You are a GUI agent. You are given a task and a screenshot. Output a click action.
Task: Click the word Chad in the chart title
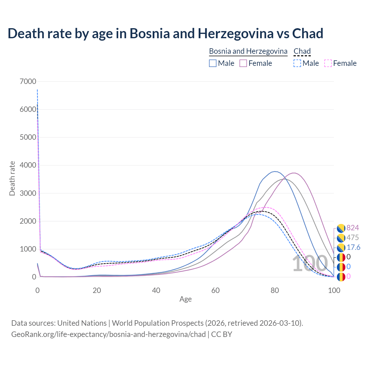tap(308, 33)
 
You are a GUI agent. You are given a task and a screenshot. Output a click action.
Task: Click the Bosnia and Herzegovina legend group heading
tap(248, 51)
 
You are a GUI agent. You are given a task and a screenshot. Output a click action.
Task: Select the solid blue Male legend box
tap(213, 63)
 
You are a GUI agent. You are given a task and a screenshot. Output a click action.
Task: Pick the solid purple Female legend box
tap(243, 63)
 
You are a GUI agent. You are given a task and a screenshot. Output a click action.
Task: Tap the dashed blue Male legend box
tap(297, 63)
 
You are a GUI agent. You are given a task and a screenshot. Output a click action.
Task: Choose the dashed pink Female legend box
tap(328, 63)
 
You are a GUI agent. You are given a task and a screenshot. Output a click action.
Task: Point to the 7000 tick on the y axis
tap(28, 81)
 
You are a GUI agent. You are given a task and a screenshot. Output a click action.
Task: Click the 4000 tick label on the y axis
tap(28, 165)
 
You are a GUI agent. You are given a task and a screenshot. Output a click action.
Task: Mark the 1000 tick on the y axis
tap(28, 249)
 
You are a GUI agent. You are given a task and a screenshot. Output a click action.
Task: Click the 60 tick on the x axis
tap(215, 290)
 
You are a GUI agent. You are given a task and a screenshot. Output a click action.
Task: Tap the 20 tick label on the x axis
tap(97, 290)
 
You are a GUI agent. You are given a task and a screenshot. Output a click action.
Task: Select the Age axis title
tap(185, 299)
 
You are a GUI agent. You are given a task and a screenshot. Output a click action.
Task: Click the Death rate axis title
tap(12, 179)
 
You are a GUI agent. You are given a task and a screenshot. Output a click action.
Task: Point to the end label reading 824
tap(353, 228)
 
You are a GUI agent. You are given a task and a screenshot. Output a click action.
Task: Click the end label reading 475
tap(353, 238)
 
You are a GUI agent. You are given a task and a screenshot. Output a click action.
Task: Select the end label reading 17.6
tap(353, 248)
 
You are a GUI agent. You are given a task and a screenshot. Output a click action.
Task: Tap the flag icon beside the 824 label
tap(341, 228)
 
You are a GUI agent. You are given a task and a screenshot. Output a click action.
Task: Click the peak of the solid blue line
tap(275, 171)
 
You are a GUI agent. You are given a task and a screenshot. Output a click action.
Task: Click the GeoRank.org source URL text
tap(108, 334)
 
